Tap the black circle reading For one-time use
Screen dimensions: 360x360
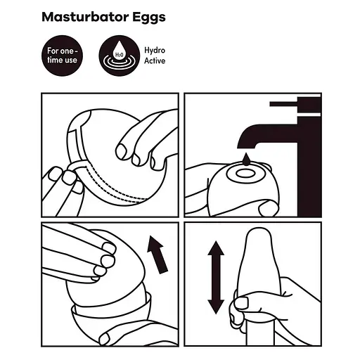(63, 56)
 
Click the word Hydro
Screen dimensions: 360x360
(155, 51)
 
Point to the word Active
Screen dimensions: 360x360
(155, 61)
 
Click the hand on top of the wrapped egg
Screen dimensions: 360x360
(144, 141)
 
